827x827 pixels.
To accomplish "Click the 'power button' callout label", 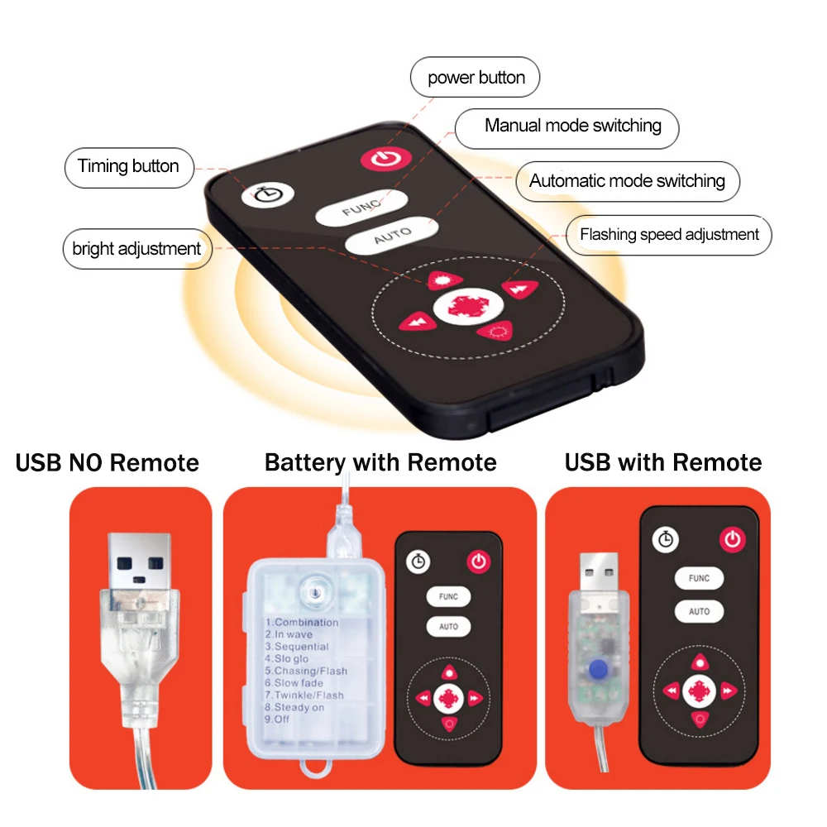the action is [476, 77].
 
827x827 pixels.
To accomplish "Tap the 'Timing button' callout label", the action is [129, 168].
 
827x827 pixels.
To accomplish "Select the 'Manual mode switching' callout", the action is [567, 129].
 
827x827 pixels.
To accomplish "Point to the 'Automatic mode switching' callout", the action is [628, 181].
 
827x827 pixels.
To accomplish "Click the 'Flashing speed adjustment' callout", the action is [669, 235].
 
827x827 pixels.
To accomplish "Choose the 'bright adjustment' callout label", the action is [137, 249].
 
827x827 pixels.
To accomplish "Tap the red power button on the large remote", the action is [386, 158].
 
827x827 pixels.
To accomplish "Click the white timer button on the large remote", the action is [268, 194].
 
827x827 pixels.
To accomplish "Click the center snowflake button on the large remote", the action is [468, 306].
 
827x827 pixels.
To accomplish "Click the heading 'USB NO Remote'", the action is [107, 462].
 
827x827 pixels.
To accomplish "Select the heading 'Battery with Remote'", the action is [380, 462].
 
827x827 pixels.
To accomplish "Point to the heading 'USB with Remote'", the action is [663, 462].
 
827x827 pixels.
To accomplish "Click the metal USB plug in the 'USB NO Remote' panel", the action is [139, 562].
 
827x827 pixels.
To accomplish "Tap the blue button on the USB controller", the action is [598, 669].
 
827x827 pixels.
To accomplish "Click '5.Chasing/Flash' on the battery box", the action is [306, 671].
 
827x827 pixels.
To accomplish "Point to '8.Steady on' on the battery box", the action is [294, 707].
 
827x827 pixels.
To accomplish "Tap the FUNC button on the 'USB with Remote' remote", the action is [699, 578].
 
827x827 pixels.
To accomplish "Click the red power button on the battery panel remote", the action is [478, 562].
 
